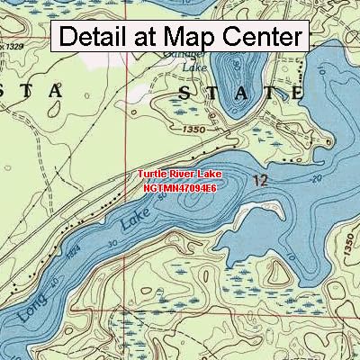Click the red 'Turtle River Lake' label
(180, 176)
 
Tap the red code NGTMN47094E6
(179, 189)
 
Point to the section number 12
(261, 182)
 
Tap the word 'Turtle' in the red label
(153, 176)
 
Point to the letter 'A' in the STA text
(55, 90)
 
